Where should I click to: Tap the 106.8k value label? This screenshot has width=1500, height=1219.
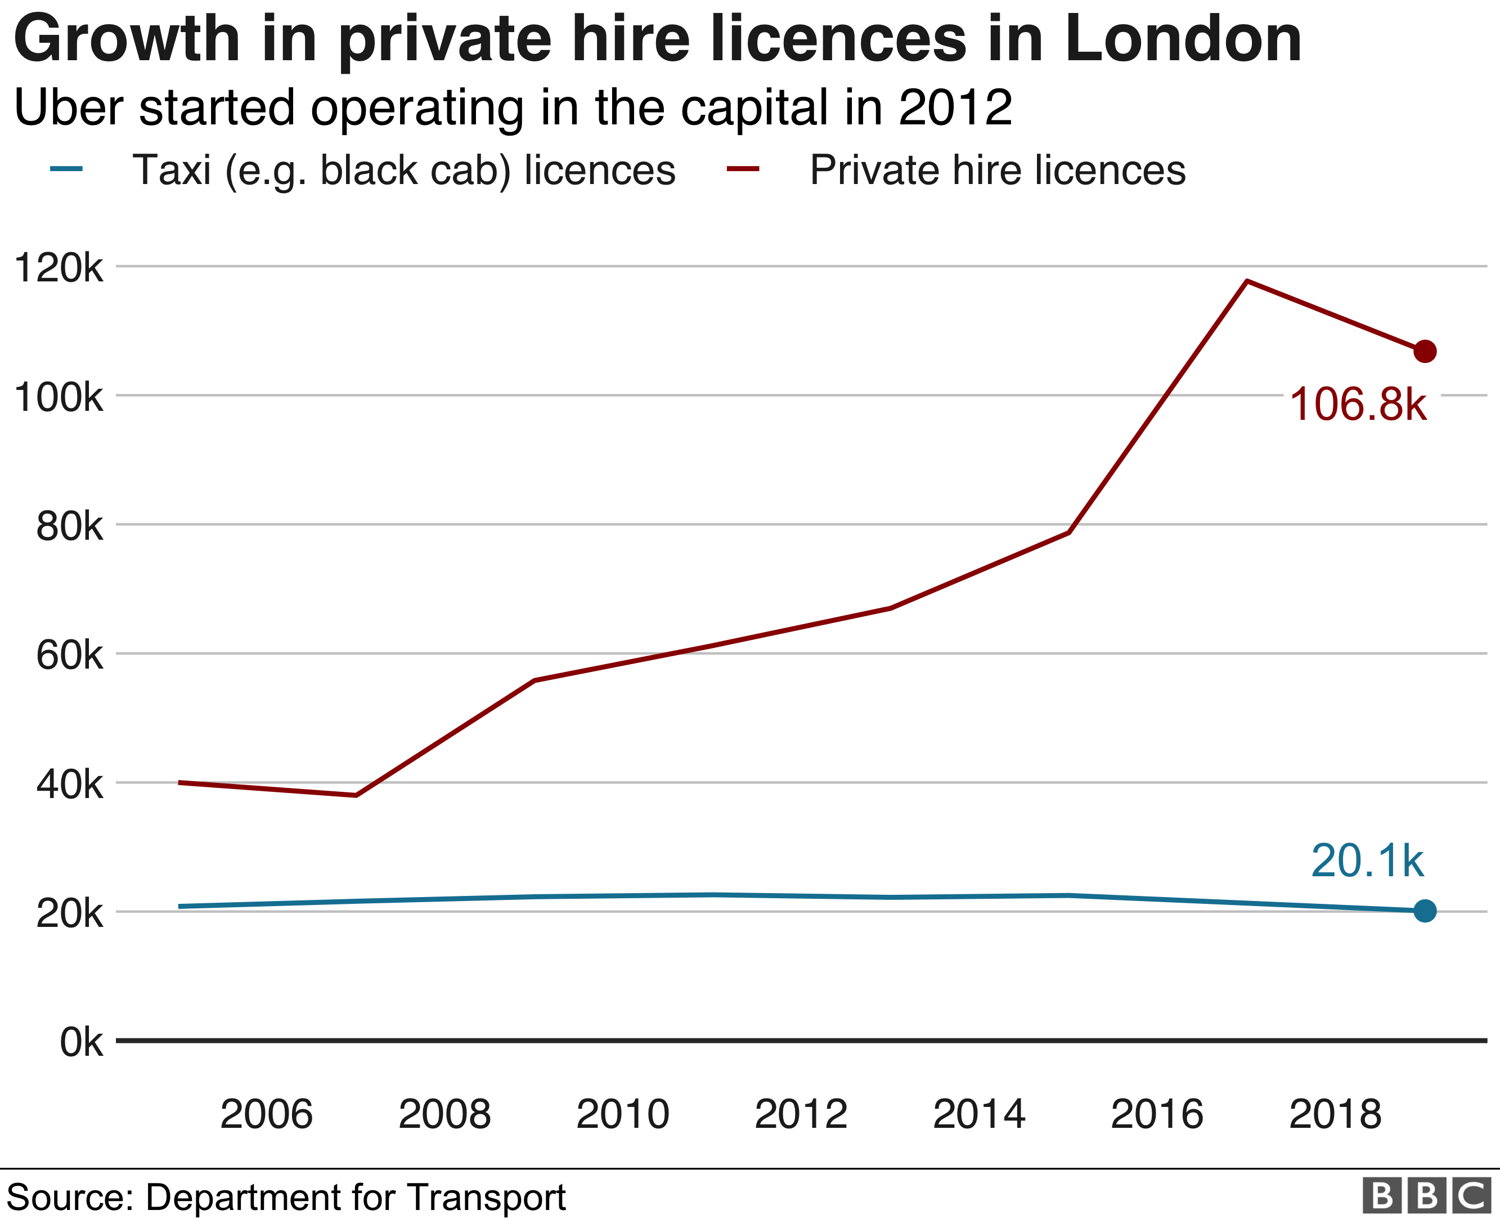[x=1358, y=405]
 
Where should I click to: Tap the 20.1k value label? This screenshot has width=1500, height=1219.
[x=1367, y=861]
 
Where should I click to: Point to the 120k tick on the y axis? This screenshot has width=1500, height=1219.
[x=59, y=268]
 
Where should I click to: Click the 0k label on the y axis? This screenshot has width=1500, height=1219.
[x=82, y=1042]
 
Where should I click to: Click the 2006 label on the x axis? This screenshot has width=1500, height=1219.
[x=266, y=1114]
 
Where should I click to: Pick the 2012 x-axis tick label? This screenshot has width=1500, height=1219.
[x=801, y=1114]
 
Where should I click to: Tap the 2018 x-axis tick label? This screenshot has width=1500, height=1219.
[x=1335, y=1114]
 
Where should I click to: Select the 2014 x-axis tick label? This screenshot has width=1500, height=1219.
[x=979, y=1114]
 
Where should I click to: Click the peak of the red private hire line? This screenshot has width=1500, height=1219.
[x=1247, y=281]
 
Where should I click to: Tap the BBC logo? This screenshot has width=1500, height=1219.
[x=1426, y=1196]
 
